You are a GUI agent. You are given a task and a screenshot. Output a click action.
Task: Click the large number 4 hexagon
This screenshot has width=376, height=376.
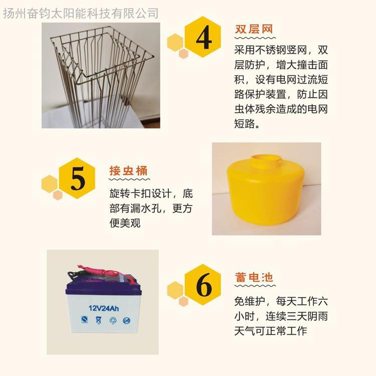[x=203, y=37]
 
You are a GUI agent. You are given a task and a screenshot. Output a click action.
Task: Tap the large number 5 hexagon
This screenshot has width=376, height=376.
[x=77, y=178]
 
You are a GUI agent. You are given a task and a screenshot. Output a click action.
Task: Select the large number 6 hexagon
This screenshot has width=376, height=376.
[x=203, y=285]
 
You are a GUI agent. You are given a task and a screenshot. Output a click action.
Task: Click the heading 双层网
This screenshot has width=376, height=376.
[x=254, y=29]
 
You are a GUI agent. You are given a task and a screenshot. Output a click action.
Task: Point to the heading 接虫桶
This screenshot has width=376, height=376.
[x=128, y=171]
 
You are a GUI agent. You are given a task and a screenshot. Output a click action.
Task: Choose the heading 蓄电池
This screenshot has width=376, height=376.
[x=254, y=277]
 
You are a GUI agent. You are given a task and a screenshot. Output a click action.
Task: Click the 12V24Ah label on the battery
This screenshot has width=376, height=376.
[x=104, y=308]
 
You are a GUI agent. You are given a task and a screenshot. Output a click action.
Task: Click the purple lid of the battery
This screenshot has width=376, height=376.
[x=103, y=288]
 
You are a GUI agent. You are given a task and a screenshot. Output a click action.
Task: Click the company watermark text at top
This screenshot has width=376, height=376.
[x=81, y=13]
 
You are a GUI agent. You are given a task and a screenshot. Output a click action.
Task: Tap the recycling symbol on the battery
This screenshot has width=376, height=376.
[x=113, y=320]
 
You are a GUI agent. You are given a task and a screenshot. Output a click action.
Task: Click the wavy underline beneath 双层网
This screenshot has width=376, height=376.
[x=255, y=38]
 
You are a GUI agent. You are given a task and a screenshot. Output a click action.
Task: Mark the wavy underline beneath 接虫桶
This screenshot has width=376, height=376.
[x=129, y=179]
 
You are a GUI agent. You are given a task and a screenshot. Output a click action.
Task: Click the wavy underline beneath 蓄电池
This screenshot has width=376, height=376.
[x=255, y=286]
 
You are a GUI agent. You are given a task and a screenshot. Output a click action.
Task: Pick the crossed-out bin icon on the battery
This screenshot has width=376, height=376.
[x=98, y=320]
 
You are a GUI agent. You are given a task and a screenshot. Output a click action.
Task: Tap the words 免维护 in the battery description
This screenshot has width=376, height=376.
[x=250, y=301]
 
